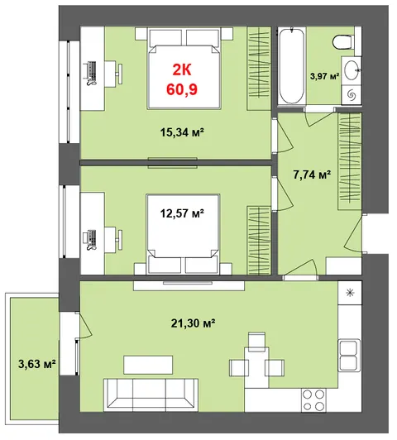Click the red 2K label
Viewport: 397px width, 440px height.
[x=181, y=69]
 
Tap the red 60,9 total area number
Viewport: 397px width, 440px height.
[x=182, y=89]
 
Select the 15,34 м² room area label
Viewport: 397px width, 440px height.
[x=182, y=132]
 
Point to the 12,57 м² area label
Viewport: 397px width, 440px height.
[x=182, y=213]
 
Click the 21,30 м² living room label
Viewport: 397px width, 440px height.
[x=193, y=323]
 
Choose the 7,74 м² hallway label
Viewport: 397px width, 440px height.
[x=312, y=175]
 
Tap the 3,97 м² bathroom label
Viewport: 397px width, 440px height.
[x=324, y=76]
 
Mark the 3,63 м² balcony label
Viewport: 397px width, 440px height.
[x=37, y=364]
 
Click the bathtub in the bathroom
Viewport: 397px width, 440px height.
[x=291, y=66]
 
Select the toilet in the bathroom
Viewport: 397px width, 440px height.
[x=344, y=41]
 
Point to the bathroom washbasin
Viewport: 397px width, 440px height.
[x=352, y=70]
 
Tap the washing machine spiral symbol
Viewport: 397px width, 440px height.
[x=352, y=95]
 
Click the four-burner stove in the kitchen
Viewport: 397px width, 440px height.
[x=313, y=400]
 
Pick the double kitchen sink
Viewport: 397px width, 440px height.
[x=349, y=356]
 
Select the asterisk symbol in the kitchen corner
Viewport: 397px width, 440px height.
[x=350, y=293]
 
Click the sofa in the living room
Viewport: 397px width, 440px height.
[x=151, y=395]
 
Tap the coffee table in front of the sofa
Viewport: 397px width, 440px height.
[x=148, y=365]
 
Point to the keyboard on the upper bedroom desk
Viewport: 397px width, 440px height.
[x=93, y=71]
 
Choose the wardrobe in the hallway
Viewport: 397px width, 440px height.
[x=350, y=161]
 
